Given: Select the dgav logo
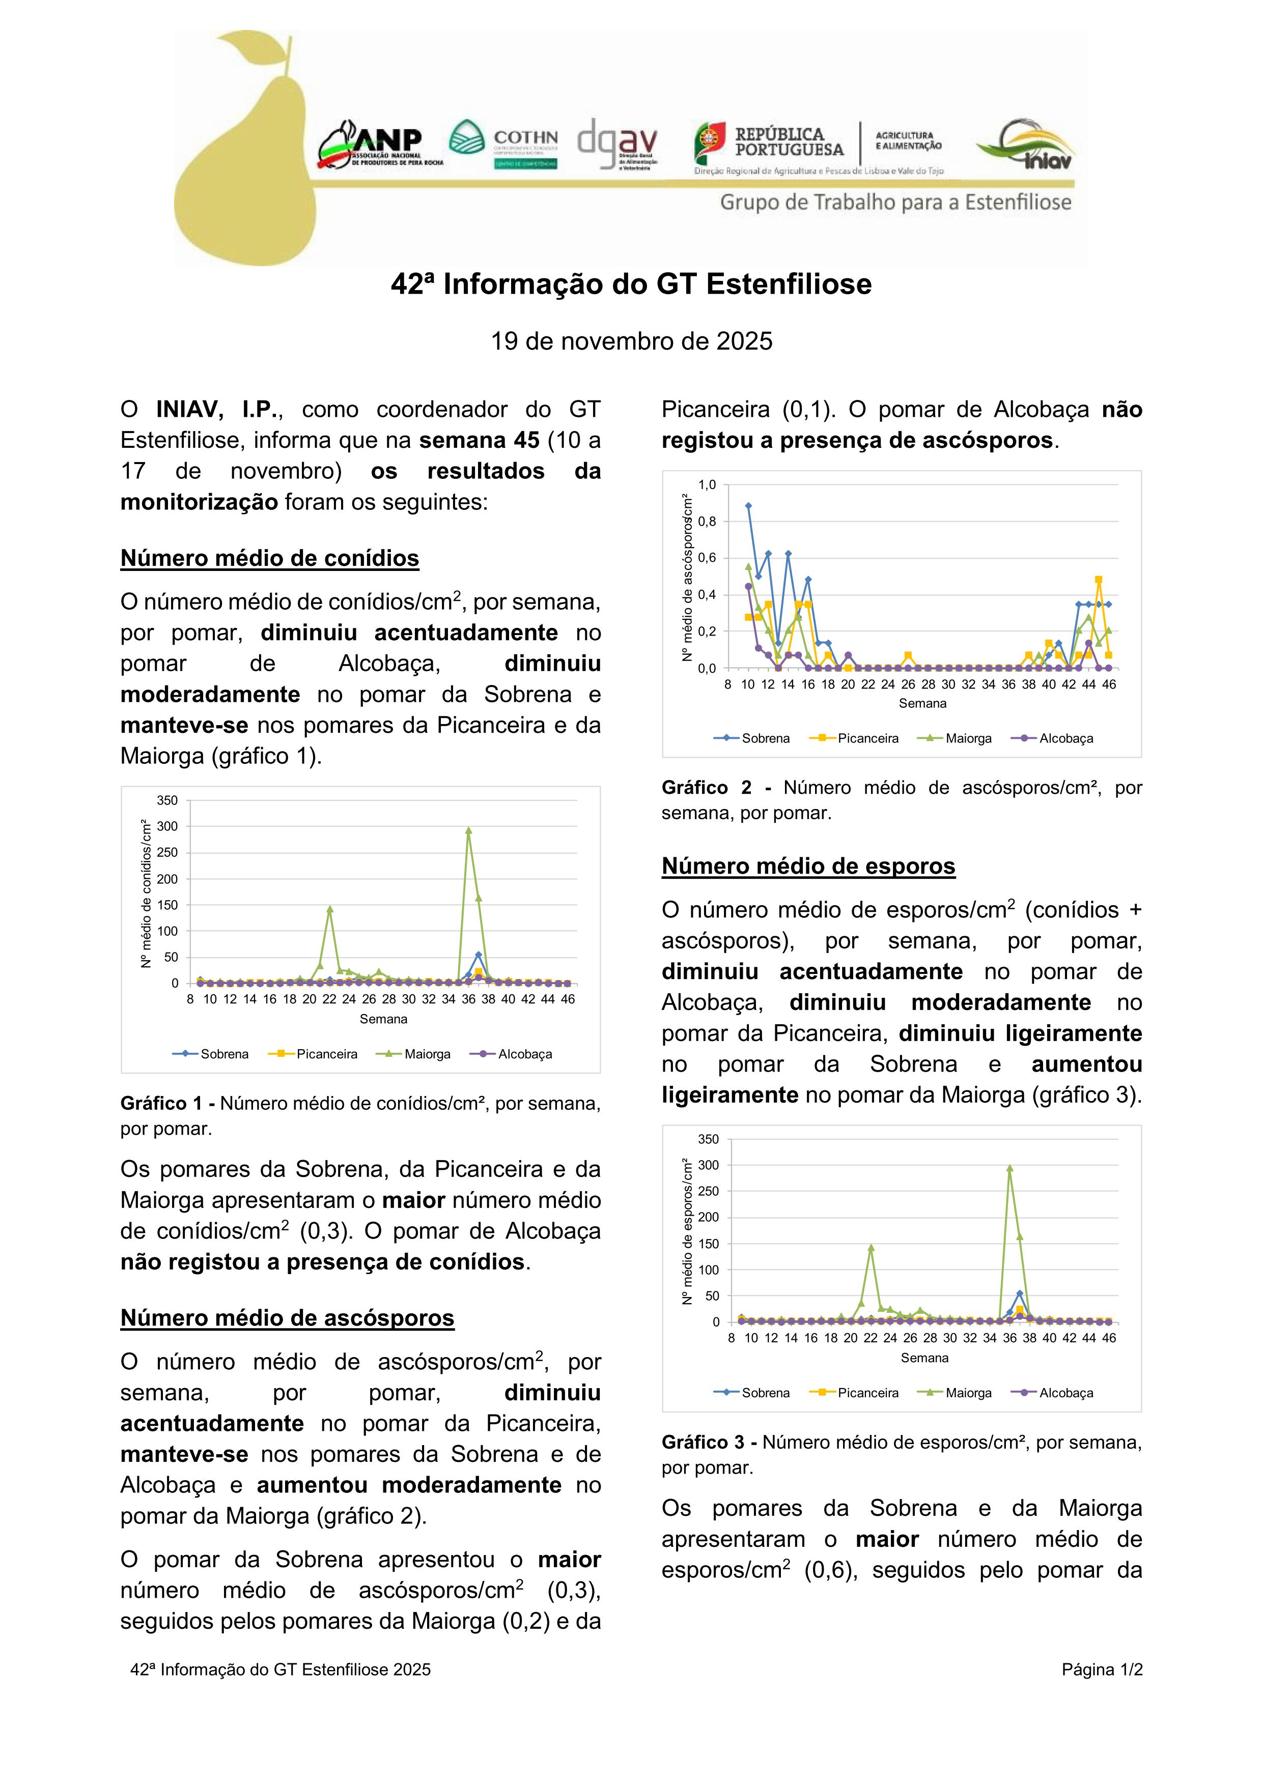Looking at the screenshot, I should click(619, 144).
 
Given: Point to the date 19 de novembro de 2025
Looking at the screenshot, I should click(631, 341).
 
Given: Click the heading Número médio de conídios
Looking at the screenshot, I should click(269, 558).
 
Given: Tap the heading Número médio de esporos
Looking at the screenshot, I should click(808, 866).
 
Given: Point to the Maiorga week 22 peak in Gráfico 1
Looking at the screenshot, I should click(330, 908).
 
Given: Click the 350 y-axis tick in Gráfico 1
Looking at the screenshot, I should click(168, 800).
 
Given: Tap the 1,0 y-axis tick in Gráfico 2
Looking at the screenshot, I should click(707, 485).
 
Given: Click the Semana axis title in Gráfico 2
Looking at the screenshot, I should click(922, 704).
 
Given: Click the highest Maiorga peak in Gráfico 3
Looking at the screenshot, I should click(1009, 1168).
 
